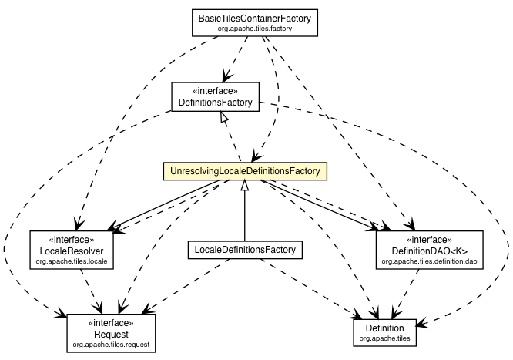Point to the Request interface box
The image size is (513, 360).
point(110,332)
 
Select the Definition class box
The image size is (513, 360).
point(387,332)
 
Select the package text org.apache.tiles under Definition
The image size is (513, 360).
point(387,339)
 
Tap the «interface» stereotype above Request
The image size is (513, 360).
point(110,321)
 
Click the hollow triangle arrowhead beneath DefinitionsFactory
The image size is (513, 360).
point(223,116)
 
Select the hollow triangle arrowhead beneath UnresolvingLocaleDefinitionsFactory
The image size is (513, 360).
point(244,185)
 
